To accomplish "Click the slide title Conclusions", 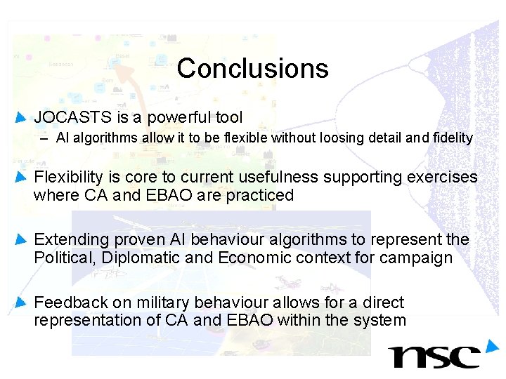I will click(x=252, y=68).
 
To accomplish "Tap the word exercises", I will click(x=442, y=177).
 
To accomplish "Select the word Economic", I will click(x=254, y=258).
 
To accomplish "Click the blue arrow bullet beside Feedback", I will click(x=21, y=302).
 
